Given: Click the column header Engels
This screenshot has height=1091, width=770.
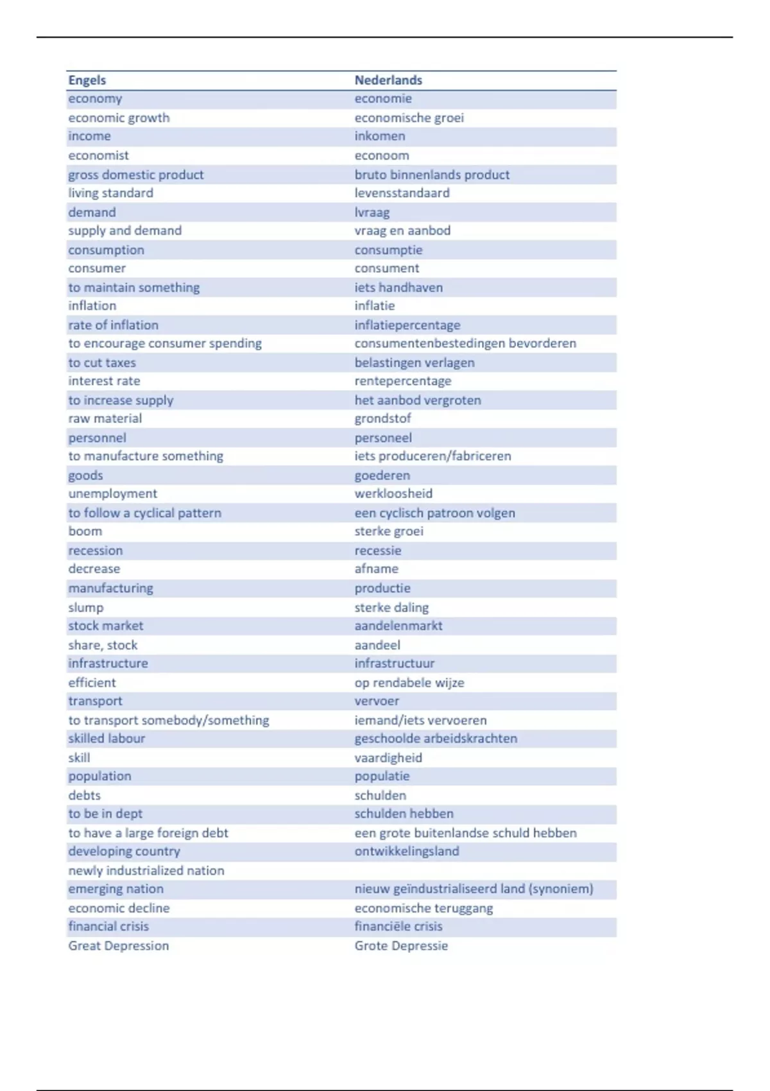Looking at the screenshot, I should tap(87, 80).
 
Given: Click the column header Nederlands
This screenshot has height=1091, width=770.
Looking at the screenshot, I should tap(388, 80).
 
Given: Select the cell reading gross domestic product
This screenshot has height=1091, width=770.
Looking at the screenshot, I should tap(136, 175).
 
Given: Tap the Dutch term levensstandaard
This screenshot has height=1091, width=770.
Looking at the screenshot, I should tap(402, 193).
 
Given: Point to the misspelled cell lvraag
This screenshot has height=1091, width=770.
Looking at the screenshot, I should tap(372, 212).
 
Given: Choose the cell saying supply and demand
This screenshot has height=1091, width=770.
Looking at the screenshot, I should tap(125, 230).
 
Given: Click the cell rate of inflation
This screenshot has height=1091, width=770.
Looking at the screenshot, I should tap(114, 325).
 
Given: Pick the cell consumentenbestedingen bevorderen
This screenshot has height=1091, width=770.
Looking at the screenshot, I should tap(465, 343).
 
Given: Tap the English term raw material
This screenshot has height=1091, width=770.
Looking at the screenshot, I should tap(105, 418).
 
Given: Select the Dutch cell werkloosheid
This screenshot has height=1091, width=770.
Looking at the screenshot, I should tap(393, 494).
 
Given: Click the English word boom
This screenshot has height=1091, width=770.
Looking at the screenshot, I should tap(85, 531).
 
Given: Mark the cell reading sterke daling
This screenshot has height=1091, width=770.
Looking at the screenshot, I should tap(391, 607).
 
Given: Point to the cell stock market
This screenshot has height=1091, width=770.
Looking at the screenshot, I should tap(106, 626).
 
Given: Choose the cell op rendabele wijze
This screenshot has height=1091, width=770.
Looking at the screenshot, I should tap(409, 683).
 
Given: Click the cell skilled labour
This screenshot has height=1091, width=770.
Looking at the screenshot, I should tap(107, 739).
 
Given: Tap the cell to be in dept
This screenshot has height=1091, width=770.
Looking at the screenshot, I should tap(105, 814).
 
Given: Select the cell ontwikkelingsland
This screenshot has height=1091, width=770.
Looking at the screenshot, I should tap(407, 852).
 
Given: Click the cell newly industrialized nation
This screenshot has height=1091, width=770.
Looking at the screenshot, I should tap(146, 871).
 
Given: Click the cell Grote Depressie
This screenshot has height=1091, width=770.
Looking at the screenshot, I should tap(401, 946).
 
